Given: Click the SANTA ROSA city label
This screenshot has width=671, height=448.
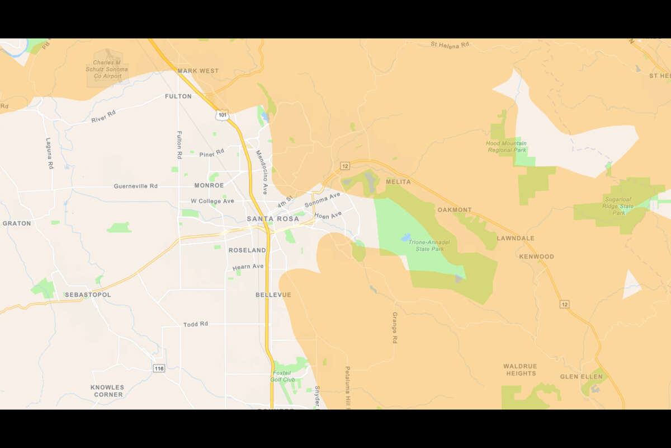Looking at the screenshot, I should coord(273,219).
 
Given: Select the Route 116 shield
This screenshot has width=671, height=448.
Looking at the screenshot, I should coord(159,367).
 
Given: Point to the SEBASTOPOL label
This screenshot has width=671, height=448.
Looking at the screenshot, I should coord(88,295).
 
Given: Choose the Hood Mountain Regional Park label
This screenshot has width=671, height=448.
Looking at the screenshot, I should coord(506,147).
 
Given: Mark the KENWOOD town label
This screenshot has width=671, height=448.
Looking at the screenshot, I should coord(536,256).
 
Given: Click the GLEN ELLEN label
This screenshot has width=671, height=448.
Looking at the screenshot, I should coord(582,376).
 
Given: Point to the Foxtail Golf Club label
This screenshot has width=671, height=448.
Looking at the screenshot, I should coord(283,376).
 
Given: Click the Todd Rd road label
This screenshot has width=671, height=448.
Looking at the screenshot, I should coord(196,324).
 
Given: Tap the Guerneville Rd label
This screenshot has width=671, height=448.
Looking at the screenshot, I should coord(135,186).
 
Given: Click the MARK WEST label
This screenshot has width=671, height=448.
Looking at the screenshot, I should coord(198,71).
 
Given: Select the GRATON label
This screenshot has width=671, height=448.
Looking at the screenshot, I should coord(17,223).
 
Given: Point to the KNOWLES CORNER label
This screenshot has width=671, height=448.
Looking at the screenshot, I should coord(107,391).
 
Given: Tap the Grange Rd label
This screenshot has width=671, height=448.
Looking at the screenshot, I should coord(394,328).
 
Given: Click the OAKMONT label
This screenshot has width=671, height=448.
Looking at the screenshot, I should coord(455,210).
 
